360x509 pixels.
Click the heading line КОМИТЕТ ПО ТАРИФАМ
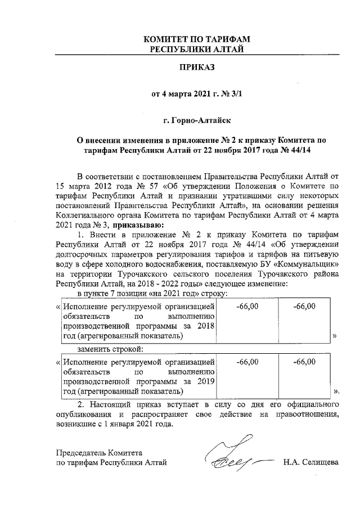tap(196, 39)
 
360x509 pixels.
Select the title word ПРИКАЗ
tap(196, 68)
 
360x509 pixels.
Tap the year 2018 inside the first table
tap(205, 327)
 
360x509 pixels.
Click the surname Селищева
tap(319, 462)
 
